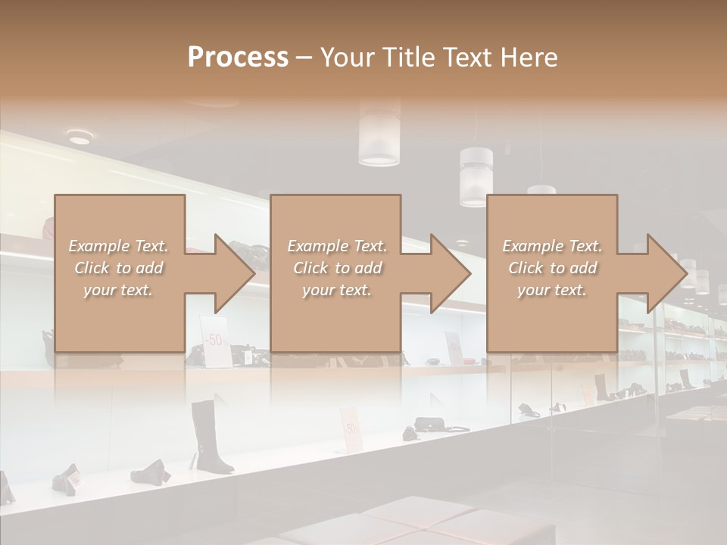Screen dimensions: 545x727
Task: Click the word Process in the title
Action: tap(238, 58)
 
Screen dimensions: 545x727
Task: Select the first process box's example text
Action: tap(118, 268)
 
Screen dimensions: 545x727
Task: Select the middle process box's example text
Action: tap(337, 268)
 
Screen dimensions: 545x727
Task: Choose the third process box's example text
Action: tap(552, 268)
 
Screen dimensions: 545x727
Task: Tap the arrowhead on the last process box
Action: tap(666, 273)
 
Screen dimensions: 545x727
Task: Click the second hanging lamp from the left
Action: tap(476, 176)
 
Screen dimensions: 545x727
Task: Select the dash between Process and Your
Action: tap(303, 58)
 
